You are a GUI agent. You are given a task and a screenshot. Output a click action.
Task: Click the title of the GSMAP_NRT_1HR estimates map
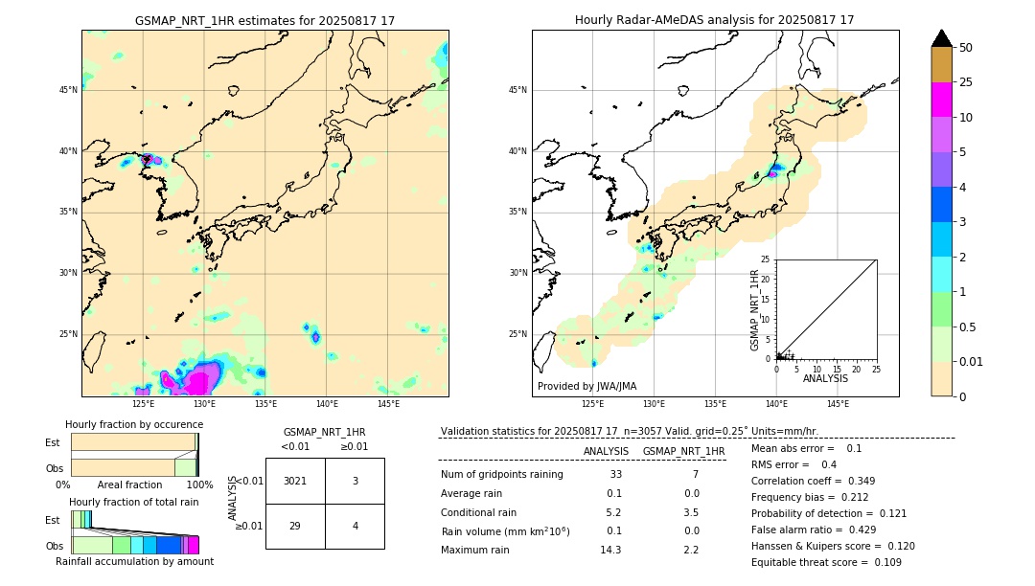pos(264,20)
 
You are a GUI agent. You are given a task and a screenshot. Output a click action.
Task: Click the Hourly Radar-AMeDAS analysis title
pos(714,20)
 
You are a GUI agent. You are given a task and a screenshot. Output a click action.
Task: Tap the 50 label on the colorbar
pos(966,48)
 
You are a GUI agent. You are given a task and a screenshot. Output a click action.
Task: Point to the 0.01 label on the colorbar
pos(972,361)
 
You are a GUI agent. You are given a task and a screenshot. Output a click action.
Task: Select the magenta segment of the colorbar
pos(941,100)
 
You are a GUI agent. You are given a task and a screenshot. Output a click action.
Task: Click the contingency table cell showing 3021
pos(295,481)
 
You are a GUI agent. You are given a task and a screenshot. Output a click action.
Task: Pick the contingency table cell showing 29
pos(295,527)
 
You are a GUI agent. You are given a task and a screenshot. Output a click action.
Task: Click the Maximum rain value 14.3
pos(610,550)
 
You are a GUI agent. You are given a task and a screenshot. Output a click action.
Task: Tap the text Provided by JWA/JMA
pos(586,386)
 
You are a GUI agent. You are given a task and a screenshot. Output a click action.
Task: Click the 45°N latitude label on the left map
pos(68,90)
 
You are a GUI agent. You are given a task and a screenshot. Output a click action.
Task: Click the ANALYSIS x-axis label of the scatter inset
pos(825,378)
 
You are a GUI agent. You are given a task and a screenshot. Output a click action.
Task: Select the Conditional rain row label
pos(479,512)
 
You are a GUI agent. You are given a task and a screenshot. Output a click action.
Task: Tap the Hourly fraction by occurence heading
pos(134,424)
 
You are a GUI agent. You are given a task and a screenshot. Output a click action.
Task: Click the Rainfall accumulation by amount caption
pos(134,562)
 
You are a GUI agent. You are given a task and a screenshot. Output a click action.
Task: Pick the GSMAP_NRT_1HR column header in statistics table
pos(683,451)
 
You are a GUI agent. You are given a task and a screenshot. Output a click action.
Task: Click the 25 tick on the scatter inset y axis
pos(766,259)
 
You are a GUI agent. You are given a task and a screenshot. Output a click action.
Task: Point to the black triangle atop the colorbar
pos(941,38)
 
